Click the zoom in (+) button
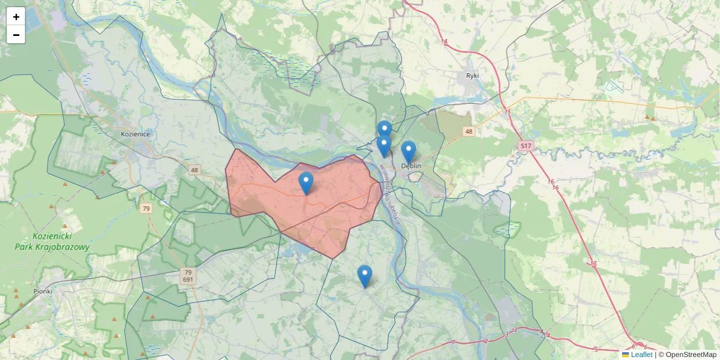[x=16, y=17]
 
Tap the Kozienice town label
[x=134, y=134]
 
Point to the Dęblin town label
[x=412, y=166]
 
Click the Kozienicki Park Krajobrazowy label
[x=53, y=242]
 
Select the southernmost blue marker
[x=364, y=276]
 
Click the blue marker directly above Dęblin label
[x=409, y=152]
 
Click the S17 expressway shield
[x=526, y=146]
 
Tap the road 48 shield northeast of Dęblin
[x=469, y=131]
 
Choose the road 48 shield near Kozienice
[x=194, y=170]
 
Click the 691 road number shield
[x=188, y=280]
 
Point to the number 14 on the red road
[x=444, y=41]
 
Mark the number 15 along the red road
[x=508, y=112]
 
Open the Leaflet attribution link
[x=641, y=355]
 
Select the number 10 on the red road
[x=593, y=264]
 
